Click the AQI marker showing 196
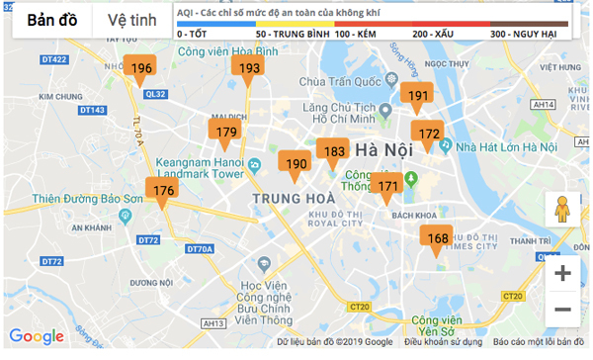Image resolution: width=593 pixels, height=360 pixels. pos(141,68)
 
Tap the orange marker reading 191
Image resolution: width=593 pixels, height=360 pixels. pos(418,96)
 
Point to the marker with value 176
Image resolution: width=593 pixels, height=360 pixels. pos(163,190)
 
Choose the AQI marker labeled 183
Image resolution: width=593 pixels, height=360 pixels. pos(335,152)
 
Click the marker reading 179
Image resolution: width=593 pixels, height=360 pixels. pos(226,132)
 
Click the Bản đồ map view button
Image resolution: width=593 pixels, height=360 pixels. pos(53,20)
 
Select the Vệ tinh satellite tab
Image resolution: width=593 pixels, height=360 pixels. pos(131,20)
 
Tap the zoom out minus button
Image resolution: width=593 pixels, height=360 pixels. pos(562,311)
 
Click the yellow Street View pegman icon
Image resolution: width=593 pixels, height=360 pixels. pos(562,211)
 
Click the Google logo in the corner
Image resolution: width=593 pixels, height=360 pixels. pos(37,337)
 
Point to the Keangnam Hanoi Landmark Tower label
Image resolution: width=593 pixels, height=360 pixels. pos(201,165)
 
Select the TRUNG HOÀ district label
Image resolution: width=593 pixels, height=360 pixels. pos(294,198)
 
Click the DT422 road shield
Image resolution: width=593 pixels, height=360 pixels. pos(56,60)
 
